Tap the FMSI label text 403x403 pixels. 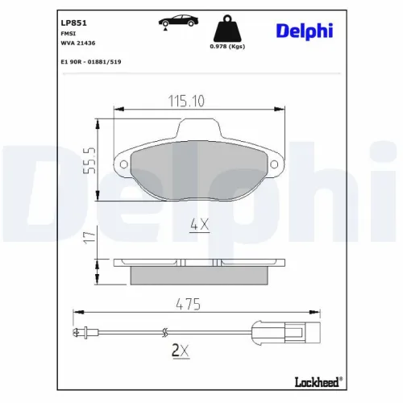(68, 35)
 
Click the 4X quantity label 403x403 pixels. (198, 226)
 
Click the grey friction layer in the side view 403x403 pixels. (199, 274)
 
